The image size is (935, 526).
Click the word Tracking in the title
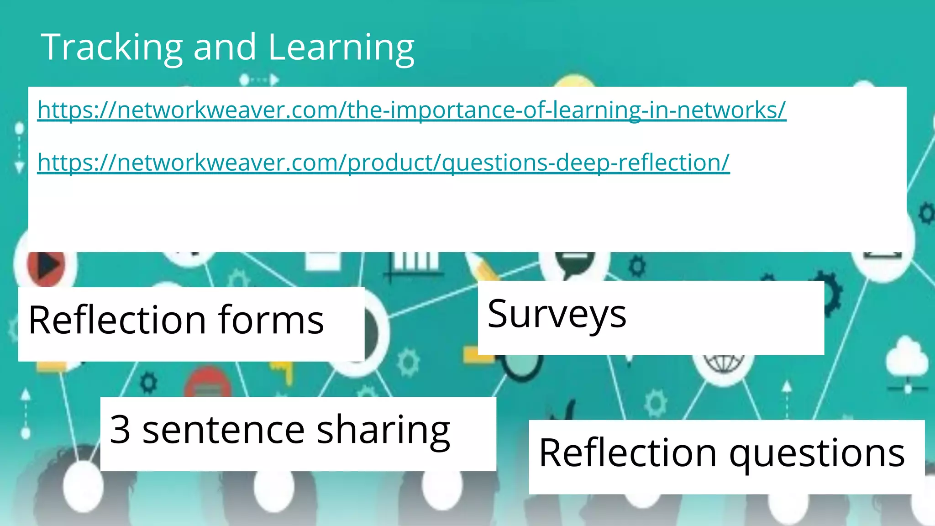tap(112, 47)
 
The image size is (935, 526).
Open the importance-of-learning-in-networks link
tap(411, 110)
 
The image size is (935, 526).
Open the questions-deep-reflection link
tap(383, 163)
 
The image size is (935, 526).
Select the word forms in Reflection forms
tap(271, 320)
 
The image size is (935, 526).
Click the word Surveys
tap(557, 314)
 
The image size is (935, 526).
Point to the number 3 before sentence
tap(120, 430)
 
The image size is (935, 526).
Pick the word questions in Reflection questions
tap(817, 453)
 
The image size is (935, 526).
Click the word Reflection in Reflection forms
tap(117, 320)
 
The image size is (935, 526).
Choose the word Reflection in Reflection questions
tap(628, 453)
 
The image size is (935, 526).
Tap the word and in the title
tap(225, 47)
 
